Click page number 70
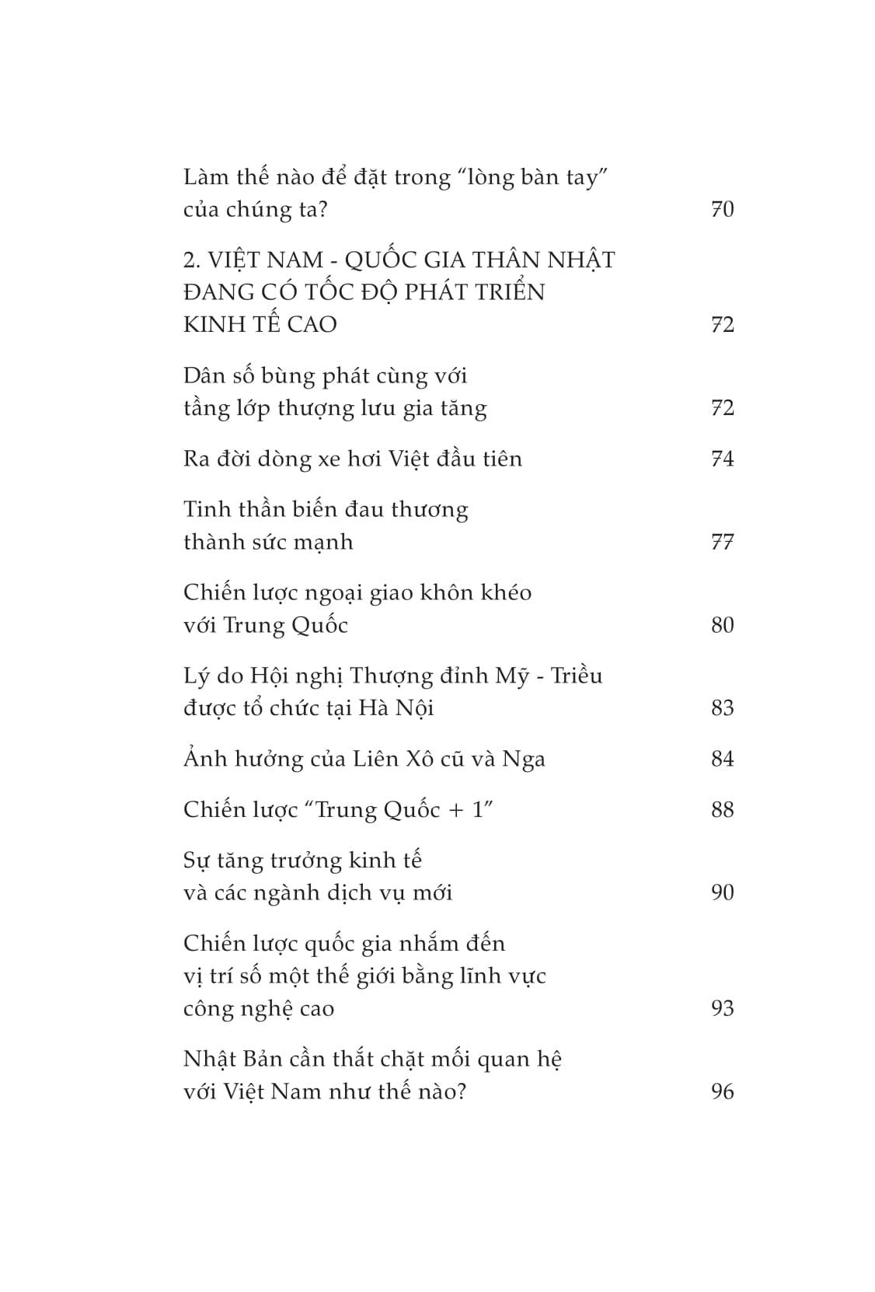tap(722, 209)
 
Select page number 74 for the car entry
tap(722, 459)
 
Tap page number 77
tap(722, 542)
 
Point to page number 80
tap(722, 625)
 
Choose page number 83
tap(722, 708)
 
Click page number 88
tap(722, 810)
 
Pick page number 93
tap(722, 1008)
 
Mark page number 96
tap(722, 1091)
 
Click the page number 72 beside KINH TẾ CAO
tap(722, 324)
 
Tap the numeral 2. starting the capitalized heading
tap(192, 260)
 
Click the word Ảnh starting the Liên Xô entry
tap(204, 758)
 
